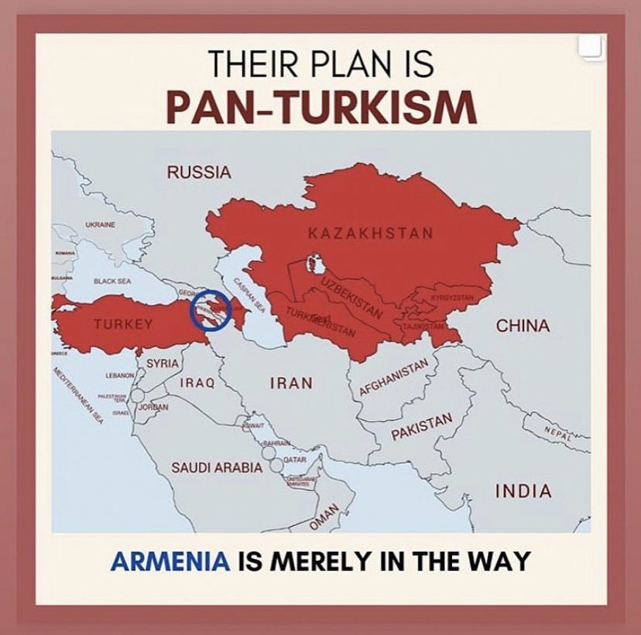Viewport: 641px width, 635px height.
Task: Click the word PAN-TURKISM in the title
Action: (320, 108)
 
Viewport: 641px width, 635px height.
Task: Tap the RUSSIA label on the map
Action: (199, 172)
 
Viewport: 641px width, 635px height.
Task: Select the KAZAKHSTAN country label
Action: (370, 232)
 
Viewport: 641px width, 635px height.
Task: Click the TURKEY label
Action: (123, 325)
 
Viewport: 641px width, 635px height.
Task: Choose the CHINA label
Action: (523, 326)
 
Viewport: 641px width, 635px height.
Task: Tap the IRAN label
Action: (291, 382)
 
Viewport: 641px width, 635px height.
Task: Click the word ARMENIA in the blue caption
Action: (171, 560)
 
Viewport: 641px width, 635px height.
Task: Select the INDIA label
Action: (523, 491)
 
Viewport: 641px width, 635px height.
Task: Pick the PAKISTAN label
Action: (420, 427)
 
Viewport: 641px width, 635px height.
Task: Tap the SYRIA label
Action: (163, 363)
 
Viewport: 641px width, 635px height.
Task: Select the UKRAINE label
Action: (101, 225)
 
